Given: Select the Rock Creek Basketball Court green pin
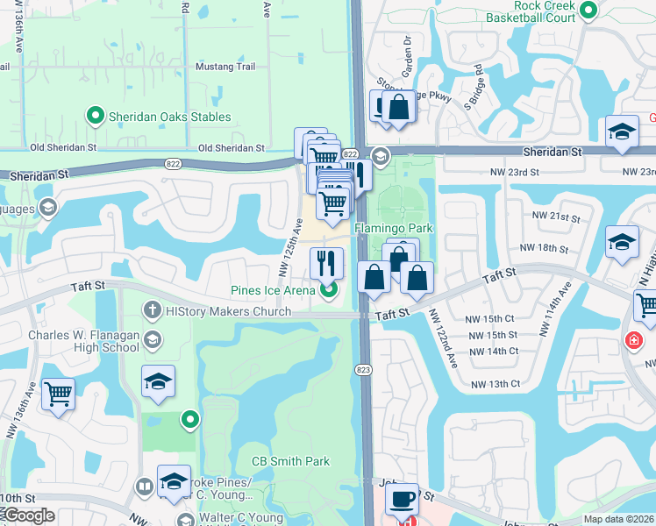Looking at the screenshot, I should pyautogui.click(x=588, y=11).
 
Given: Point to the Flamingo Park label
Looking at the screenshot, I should pyautogui.click(x=394, y=228).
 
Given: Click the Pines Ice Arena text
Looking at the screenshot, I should pyautogui.click(x=272, y=291).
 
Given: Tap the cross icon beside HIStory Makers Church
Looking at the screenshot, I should pyautogui.click(x=152, y=310).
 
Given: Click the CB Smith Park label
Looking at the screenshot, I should pyautogui.click(x=290, y=461).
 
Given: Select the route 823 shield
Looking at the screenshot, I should pyautogui.click(x=365, y=371).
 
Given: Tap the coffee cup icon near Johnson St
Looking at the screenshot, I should pyautogui.click(x=403, y=499).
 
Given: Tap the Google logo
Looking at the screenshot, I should pyautogui.click(x=28, y=515).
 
